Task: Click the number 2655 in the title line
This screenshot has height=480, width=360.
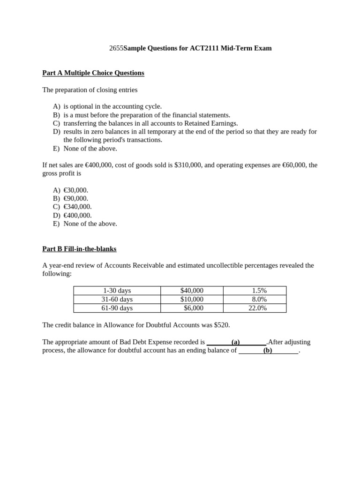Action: point(116,48)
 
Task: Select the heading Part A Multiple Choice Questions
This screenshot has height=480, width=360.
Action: point(93,73)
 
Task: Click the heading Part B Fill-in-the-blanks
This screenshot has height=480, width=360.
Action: point(79,249)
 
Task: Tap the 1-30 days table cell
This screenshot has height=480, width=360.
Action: point(117,291)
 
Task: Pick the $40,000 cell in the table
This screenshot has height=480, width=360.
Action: point(192,291)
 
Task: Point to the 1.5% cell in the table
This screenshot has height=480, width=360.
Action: point(259,291)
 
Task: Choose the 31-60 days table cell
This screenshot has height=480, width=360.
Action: point(117,300)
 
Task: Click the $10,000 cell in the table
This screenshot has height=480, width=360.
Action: point(192,300)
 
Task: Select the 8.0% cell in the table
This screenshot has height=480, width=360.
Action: point(259,300)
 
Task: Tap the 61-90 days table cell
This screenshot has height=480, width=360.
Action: point(117,308)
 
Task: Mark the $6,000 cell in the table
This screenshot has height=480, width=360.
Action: point(194,308)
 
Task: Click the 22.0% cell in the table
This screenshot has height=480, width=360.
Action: point(257,308)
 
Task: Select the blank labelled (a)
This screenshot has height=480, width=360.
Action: point(236,342)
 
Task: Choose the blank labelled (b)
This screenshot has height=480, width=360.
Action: point(268,351)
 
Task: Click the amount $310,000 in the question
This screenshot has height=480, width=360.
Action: point(188,165)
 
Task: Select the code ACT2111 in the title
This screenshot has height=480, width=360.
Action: point(206,48)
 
